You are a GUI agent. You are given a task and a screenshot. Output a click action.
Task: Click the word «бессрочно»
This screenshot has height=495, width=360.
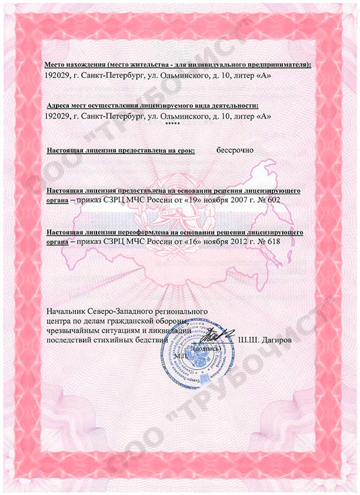click(235, 150)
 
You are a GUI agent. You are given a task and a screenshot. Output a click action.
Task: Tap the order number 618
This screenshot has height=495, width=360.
click(274, 241)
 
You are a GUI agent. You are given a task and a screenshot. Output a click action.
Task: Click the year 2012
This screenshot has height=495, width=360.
click(237, 241)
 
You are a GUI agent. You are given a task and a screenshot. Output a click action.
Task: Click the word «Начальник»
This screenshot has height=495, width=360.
click(66, 310)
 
